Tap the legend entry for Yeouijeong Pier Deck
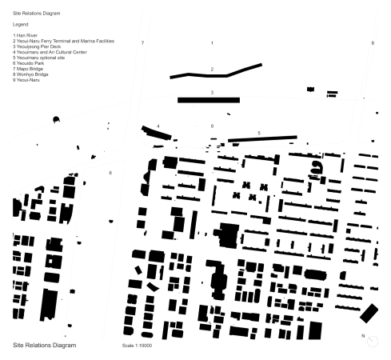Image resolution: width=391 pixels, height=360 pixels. [x=37, y=46]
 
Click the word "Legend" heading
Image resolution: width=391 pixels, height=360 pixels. [x=21, y=25]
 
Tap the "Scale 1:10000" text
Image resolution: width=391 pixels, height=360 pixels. [x=137, y=346]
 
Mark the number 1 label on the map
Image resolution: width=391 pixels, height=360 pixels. [x=212, y=42]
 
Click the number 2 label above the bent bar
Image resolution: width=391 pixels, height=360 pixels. [x=212, y=70]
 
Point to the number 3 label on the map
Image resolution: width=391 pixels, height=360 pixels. [x=212, y=93]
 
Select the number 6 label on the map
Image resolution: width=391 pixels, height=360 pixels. [x=110, y=173]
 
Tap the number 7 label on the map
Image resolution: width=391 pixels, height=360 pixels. [x=142, y=42]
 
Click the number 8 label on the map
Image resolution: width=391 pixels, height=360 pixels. [x=373, y=42]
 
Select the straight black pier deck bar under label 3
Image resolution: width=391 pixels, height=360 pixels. [x=209, y=100]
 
